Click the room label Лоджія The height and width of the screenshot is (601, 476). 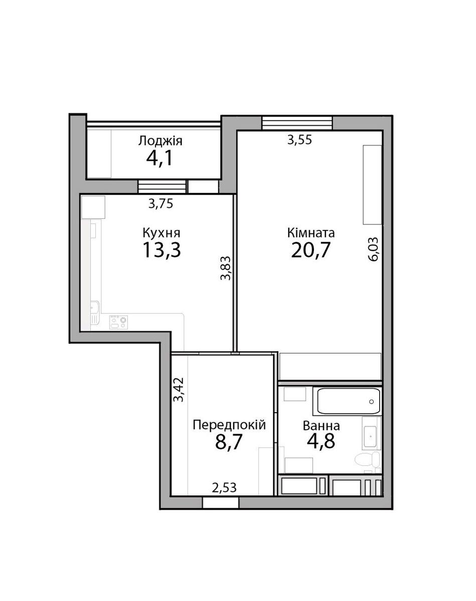coord(160,141)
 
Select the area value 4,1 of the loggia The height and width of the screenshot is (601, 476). coord(160,159)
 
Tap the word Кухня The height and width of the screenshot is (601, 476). coord(162,233)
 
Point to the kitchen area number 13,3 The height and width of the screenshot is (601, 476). coord(162,250)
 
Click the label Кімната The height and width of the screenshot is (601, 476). coord(311,233)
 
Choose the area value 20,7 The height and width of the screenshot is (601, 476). coord(311,250)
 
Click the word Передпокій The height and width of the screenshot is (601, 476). coord(229,425)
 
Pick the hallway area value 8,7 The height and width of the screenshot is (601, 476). coord(229,443)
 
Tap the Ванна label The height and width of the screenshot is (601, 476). coord(321,426)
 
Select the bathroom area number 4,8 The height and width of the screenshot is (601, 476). coord(321,443)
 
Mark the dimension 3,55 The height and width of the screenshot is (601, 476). coord(299,140)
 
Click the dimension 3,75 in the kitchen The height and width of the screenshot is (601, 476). coord(162,203)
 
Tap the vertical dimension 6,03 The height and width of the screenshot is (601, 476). coord(374,249)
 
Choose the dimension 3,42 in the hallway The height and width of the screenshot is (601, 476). coord(179,390)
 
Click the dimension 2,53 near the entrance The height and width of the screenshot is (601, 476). coord(224,487)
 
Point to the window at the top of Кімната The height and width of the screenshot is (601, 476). coord(297,123)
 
